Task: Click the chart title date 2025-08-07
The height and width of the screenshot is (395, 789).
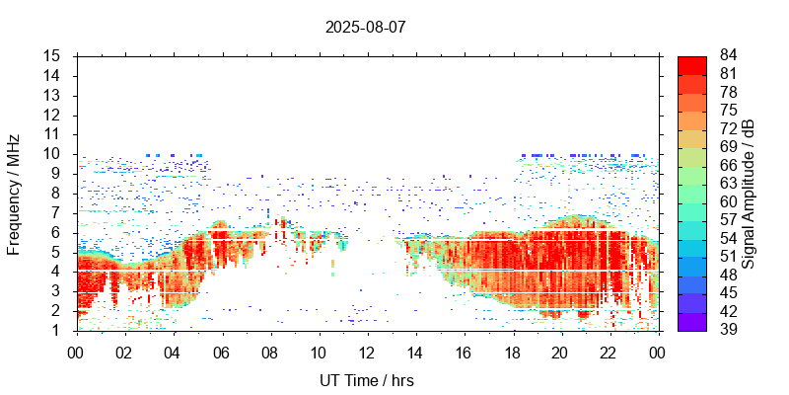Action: (x=365, y=27)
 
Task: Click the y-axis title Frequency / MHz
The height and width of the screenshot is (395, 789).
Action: (x=14, y=193)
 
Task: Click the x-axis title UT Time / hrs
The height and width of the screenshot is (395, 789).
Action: (x=365, y=380)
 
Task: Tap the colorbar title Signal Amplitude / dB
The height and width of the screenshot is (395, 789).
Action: (x=749, y=193)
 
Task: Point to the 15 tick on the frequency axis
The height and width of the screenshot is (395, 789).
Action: (x=55, y=56)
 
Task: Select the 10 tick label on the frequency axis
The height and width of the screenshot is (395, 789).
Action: (x=55, y=154)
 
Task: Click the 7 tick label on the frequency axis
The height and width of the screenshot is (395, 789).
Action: (x=59, y=212)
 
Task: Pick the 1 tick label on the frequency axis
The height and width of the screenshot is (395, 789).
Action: (x=59, y=330)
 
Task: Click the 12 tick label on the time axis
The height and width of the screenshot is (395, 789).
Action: (x=367, y=353)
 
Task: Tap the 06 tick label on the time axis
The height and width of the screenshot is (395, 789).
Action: (x=221, y=353)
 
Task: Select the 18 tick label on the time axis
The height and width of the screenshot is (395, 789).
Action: (x=513, y=353)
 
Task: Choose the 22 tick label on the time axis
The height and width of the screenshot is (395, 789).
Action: (x=610, y=353)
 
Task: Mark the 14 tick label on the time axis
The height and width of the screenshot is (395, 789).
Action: (x=415, y=353)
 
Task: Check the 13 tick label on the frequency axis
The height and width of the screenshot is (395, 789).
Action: (x=55, y=95)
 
